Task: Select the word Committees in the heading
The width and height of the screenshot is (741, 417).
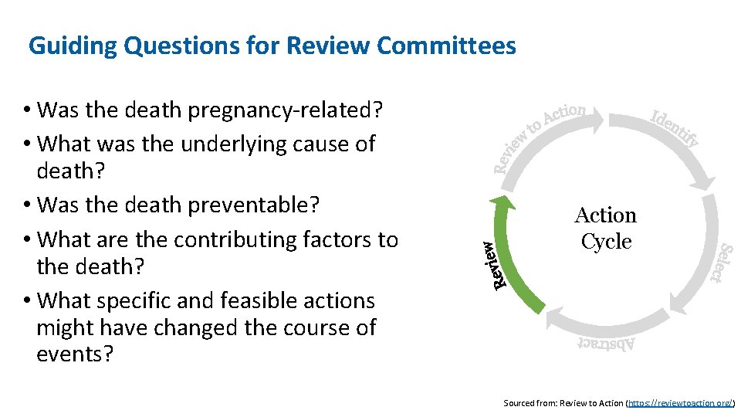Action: [x=446, y=46]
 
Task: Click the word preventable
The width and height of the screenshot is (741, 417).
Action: [x=252, y=205]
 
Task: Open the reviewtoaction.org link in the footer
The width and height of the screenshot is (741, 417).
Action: [x=680, y=403]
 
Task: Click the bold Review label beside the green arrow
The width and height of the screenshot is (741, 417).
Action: [x=488, y=265]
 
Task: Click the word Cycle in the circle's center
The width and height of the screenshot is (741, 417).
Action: [x=606, y=242]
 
